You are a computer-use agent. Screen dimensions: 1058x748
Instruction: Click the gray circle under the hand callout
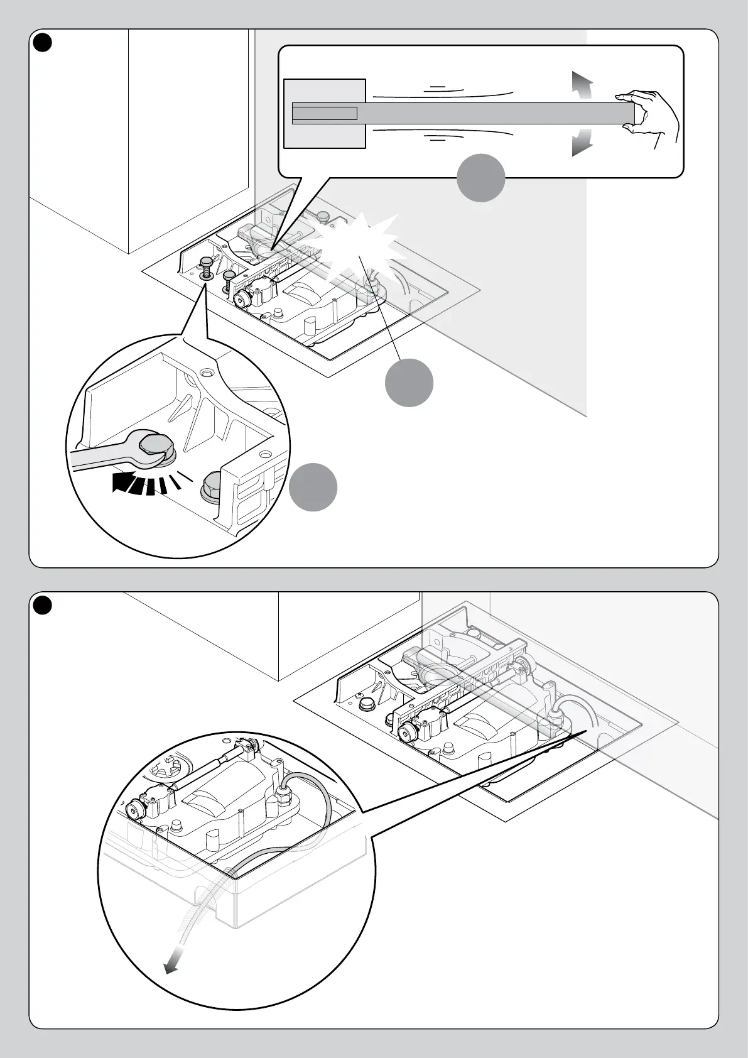pos(480,178)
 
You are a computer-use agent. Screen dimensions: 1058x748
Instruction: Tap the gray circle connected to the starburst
pos(409,382)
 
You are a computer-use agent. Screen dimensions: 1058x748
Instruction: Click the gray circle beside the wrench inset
pos(313,487)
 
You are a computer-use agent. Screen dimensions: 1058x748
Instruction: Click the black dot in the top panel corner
pos(41,41)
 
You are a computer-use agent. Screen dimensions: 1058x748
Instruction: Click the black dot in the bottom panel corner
pos(41,604)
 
